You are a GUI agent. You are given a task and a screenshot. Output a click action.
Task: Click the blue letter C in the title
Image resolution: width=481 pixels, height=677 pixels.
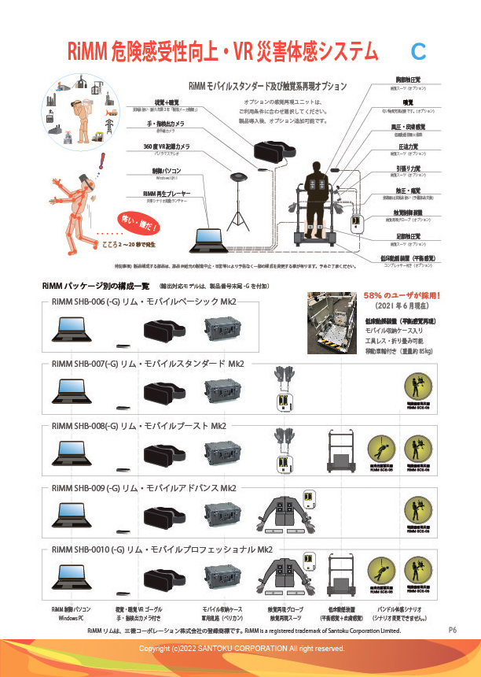pos(418,52)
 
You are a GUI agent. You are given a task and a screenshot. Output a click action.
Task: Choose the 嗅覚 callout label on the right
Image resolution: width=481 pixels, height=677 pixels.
pos(408,102)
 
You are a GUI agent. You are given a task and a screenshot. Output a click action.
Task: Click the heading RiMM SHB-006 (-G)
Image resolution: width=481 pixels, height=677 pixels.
pos(84,302)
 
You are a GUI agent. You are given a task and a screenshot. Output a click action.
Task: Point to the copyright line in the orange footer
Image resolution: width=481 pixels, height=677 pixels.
pos(241,648)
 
